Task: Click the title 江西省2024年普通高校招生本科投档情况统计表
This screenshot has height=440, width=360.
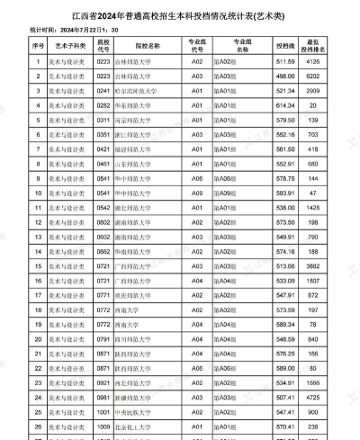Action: tap(180, 15)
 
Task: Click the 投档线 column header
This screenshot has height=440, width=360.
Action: tap(285, 44)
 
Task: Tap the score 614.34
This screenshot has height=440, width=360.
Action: tap(285, 105)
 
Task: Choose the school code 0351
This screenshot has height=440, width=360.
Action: tap(103, 134)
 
